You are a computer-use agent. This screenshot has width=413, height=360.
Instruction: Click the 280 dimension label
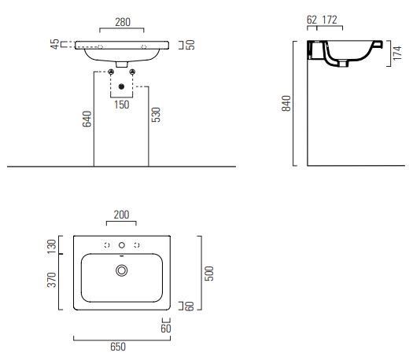123,22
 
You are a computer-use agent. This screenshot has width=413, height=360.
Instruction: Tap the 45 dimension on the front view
55,44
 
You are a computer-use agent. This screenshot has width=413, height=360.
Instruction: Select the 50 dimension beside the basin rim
190,45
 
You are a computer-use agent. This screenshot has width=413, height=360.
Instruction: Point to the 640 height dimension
87,119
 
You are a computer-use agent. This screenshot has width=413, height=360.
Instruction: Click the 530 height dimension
156,115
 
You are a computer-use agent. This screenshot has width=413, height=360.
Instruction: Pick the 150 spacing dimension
121,105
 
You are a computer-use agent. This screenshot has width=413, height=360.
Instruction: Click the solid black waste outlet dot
121,86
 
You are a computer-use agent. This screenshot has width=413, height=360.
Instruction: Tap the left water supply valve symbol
111,72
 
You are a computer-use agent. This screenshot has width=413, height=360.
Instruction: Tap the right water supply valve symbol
132,72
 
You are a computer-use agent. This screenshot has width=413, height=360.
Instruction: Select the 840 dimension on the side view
286,104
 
